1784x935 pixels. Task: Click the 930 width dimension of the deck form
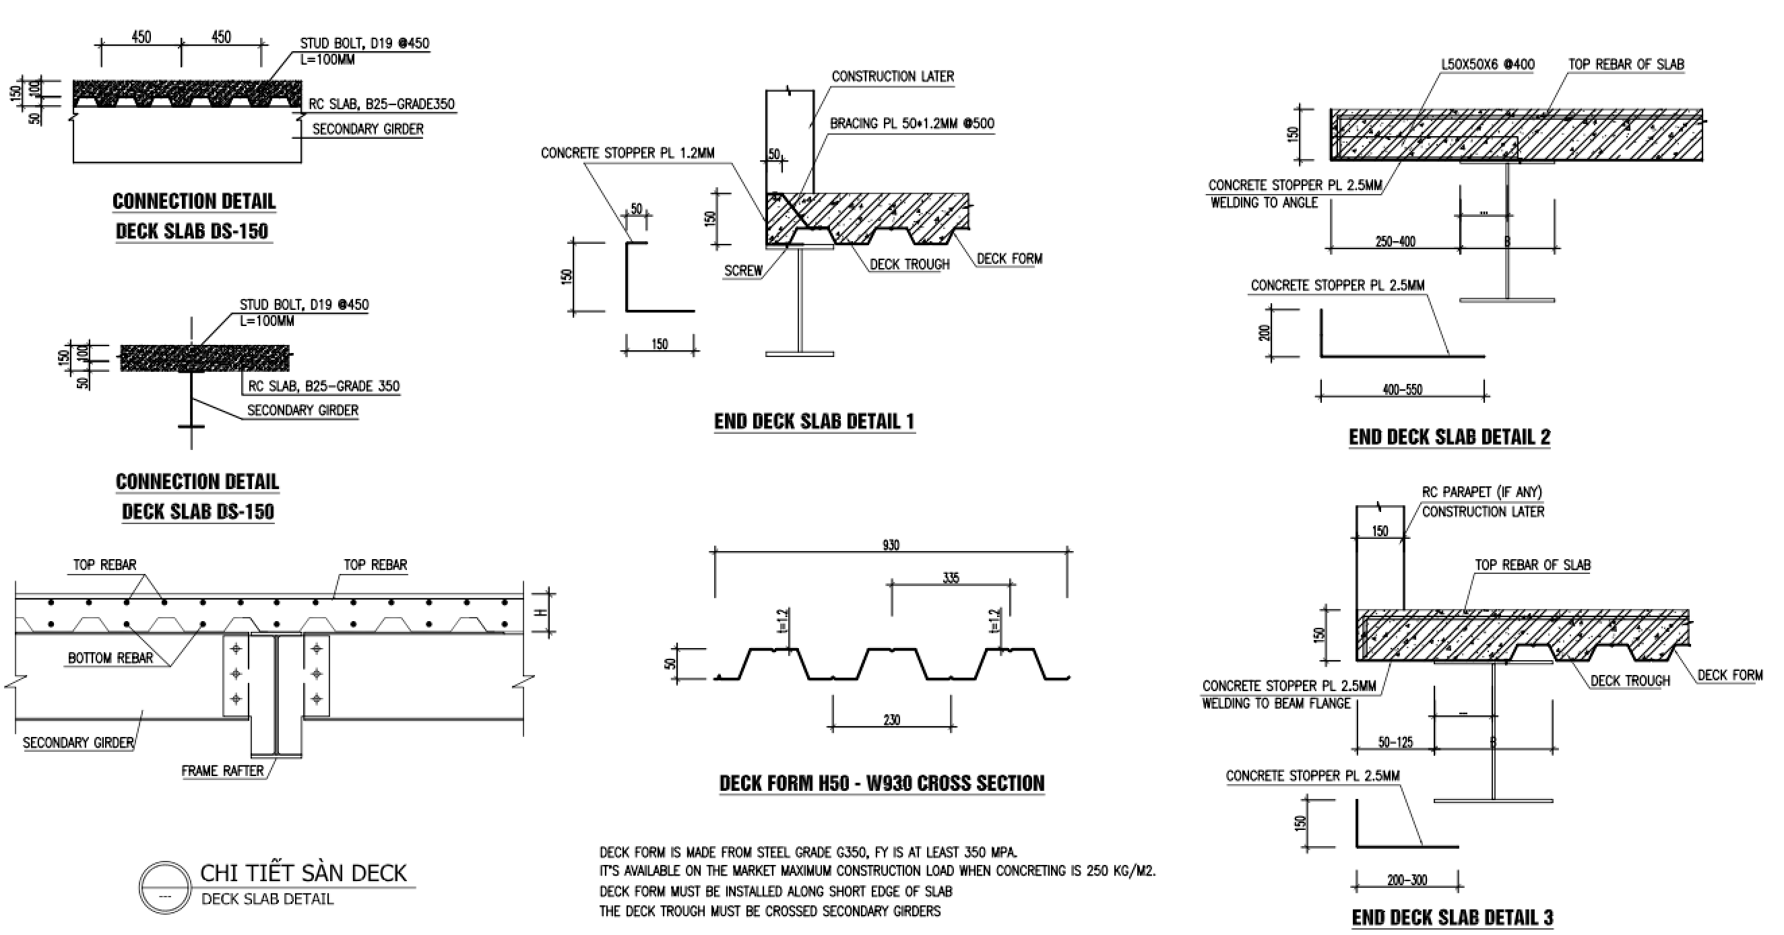pos(891,545)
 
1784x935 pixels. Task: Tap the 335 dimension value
pos(951,577)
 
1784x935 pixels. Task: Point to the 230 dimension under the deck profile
pos(891,720)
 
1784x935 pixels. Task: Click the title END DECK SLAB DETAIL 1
pos(814,421)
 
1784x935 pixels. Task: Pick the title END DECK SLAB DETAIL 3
pos(1452,917)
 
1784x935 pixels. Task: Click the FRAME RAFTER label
pos(222,771)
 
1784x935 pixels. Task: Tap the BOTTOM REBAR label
pos(110,658)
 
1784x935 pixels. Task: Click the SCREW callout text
pos(743,271)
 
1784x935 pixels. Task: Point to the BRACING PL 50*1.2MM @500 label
pos(912,124)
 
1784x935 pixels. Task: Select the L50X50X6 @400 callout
pos(1488,65)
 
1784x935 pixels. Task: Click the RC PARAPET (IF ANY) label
pos(1482,492)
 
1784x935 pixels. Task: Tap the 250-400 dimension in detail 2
pos(1395,242)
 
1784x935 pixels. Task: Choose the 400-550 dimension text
pos(1403,390)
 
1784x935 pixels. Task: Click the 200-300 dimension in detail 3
pos(1407,880)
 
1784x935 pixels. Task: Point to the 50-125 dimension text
pos(1395,742)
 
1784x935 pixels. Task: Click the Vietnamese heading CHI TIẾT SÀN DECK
pos(303,873)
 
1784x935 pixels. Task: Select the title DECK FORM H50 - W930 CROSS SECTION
pos(882,783)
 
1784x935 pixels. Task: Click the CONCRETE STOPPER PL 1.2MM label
pos(627,153)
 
